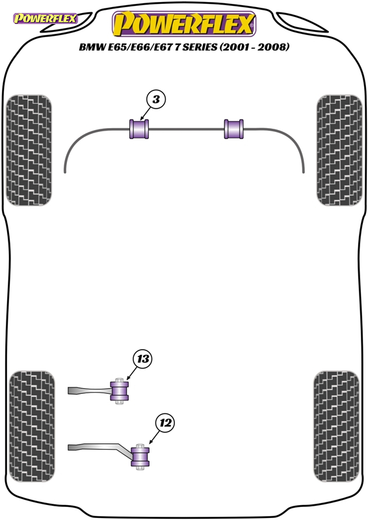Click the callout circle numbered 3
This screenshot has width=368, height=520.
(x=155, y=99)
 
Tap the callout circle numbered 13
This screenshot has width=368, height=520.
(x=142, y=359)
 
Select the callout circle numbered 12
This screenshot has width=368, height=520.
(x=166, y=423)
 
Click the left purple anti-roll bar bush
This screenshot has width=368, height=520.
(x=139, y=129)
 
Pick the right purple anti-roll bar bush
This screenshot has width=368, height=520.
(x=234, y=129)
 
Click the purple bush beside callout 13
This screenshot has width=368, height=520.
(x=120, y=391)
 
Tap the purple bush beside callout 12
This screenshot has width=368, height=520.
(x=140, y=457)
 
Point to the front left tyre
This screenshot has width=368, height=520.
(x=29, y=150)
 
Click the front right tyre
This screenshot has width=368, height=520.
(x=339, y=150)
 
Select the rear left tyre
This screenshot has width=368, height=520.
(x=32, y=426)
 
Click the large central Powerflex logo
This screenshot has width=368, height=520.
(x=184, y=23)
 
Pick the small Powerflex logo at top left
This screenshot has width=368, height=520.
(x=45, y=18)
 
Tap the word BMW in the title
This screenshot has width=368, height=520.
(x=92, y=47)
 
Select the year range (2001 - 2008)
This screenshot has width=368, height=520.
(x=254, y=47)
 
